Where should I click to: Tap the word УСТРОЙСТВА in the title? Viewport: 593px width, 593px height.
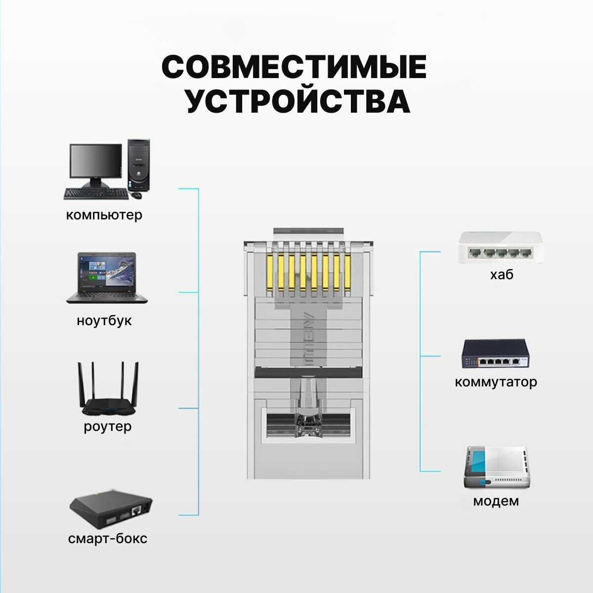(297, 101)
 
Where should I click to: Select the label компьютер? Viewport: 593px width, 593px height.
(104, 215)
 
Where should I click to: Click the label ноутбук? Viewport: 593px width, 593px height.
(104, 321)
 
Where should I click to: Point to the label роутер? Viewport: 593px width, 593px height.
(108, 426)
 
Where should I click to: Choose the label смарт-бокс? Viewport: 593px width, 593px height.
(108, 538)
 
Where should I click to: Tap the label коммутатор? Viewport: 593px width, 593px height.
(496, 382)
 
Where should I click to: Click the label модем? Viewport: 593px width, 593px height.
(496, 501)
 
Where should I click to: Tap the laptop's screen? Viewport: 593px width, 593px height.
(107, 272)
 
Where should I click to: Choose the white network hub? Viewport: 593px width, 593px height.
(501, 248)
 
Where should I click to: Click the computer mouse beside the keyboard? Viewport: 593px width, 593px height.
(137, 195)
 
